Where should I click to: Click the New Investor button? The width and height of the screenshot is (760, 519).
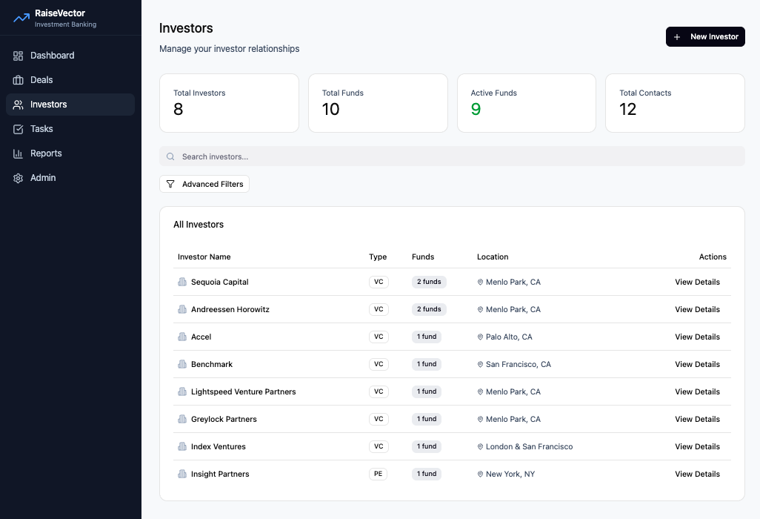(704, 36)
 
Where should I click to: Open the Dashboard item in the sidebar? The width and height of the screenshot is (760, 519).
(52, 56)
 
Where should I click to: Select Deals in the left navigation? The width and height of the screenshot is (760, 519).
(41, 80)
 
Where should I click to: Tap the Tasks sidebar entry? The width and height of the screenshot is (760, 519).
(41, 129)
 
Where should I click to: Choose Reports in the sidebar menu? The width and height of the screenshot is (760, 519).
(46, 153)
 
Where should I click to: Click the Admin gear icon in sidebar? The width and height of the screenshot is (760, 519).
(19, 178)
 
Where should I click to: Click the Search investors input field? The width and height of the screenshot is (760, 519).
(452, 156)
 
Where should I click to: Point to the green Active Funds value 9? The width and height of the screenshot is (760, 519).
(476, 110)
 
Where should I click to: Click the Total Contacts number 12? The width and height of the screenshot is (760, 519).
(627, 110)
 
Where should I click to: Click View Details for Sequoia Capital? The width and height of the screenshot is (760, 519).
(697, 282)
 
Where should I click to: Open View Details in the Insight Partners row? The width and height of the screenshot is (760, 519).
(697, 474)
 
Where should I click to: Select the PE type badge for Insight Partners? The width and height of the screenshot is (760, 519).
(378, 474)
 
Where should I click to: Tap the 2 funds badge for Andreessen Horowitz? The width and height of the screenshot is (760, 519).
(429, 309)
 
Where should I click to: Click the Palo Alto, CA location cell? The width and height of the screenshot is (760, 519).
(508, 337)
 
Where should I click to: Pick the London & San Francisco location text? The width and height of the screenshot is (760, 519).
(529, 446)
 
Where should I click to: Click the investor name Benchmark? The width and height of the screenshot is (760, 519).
(212, 364)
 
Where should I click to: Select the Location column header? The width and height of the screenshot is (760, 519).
(493, 257)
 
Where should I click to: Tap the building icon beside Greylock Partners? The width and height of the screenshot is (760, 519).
(182, 419)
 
